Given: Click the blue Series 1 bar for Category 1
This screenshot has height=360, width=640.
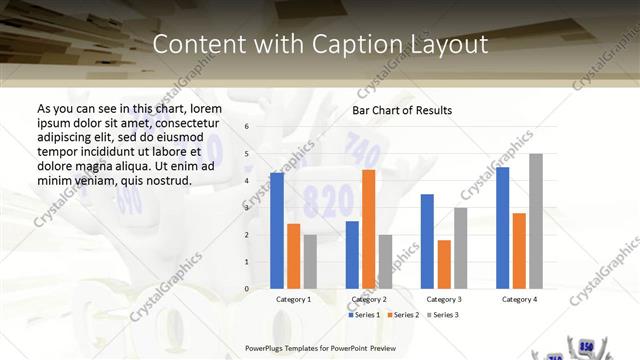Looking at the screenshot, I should click(277, 231).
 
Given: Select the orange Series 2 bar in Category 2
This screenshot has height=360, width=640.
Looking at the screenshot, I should click(368, 229).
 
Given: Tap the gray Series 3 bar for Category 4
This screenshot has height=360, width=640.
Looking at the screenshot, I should click(536, 221).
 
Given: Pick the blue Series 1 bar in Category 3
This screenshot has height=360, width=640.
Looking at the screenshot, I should click(427, 241).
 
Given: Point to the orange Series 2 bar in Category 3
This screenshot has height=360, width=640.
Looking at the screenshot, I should click(444, 264).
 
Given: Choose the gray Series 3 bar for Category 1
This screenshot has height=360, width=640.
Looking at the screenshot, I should click(310, 262).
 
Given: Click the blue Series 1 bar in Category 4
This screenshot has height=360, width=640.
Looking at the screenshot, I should click(502, 228).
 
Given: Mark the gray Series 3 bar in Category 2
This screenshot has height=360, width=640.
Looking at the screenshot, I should click(385, 262).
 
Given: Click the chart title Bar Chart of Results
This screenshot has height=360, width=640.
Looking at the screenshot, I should click(402, 110).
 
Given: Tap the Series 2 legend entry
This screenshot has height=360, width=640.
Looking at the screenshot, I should click(402, 315).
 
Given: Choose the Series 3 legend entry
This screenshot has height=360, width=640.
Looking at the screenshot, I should click(442, 315).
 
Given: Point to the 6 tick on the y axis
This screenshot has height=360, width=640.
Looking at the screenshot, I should click(247, 127).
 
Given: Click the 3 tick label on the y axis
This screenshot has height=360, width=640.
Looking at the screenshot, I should click(247, 208).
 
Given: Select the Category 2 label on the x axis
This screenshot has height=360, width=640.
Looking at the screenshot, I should click(369, 299).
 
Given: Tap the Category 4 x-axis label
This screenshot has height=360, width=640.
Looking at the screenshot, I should click(519, 299).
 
